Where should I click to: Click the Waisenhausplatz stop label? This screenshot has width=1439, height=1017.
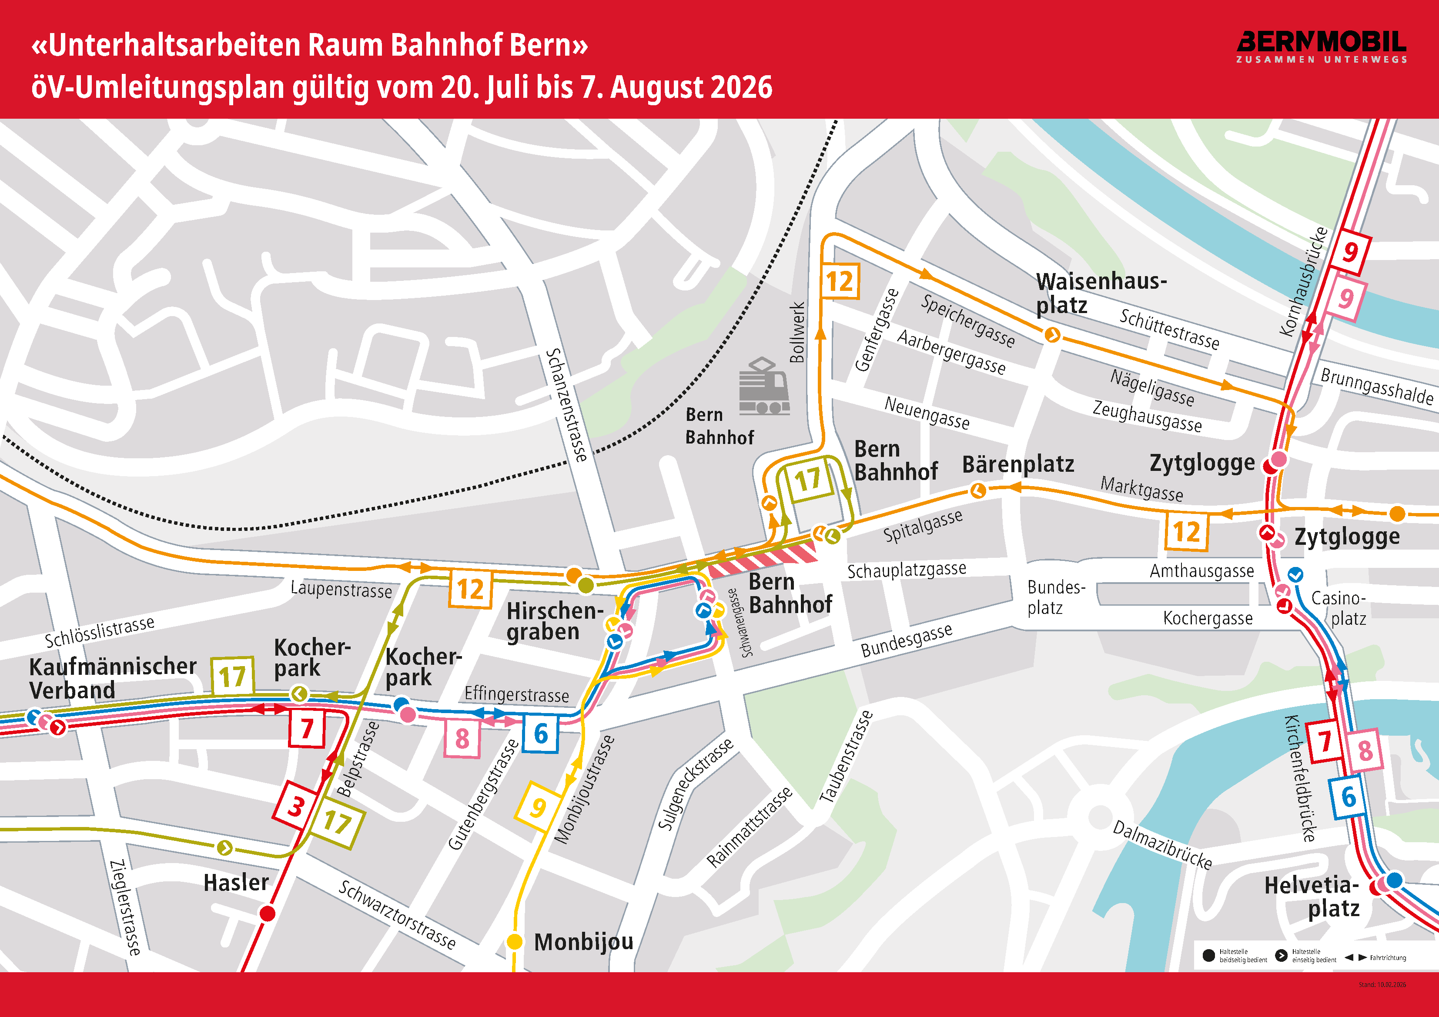1101,293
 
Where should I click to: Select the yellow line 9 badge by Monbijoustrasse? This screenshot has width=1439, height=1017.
537,807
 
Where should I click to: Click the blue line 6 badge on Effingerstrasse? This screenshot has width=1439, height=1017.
540,733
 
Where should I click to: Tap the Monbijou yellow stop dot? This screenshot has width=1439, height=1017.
514,941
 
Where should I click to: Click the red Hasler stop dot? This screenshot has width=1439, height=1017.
268,914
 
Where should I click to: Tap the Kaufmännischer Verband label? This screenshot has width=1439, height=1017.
112,678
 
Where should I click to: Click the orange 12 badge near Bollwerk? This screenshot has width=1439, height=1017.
839,281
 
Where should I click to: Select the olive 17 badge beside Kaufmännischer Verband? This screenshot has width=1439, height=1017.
233,676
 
